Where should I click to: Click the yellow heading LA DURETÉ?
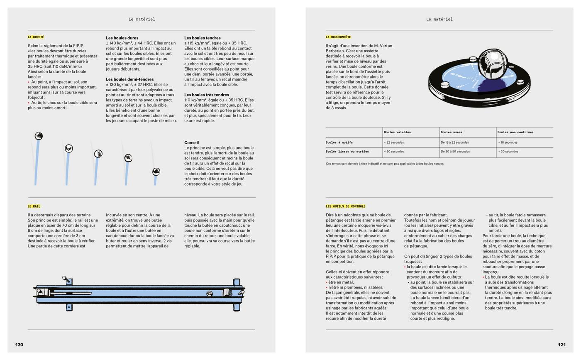point(36,37)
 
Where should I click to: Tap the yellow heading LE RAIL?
point(34,206)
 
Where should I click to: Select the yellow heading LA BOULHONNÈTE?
point(338,37)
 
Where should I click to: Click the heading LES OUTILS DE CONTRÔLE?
point(346,206)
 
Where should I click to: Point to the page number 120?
point(19,345)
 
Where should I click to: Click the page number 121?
point(561,345)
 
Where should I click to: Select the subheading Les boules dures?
point(122,38)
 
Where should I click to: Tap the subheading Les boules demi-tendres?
point(129,79)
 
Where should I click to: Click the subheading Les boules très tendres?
point(206,95)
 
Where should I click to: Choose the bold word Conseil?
point(191,142)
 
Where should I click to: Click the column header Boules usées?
point(451,132)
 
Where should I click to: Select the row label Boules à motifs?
point(339,142)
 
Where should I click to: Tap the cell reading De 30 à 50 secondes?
point(455,152)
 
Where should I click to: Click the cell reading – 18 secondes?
point(508,142)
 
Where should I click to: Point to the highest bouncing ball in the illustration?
point(39,136)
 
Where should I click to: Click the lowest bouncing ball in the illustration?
point(156,171)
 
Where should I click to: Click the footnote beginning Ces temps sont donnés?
point(385,164)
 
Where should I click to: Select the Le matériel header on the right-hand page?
point(439,19)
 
